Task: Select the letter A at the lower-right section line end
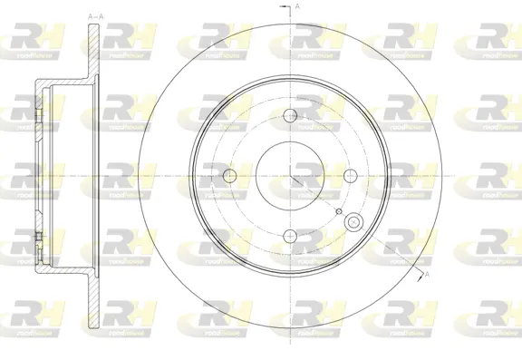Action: coord(426,273)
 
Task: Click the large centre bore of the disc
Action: coord(290,175)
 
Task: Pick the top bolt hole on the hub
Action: coord(290,115)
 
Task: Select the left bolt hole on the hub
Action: coord(230,175)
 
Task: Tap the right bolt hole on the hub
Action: coord(350,175)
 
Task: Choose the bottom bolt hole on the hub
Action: coord(290,235)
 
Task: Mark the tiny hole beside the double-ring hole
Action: coord(338,212)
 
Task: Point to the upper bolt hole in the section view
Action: coord(38,115)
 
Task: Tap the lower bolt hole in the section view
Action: coord(38,238)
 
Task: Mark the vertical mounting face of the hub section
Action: coord(37,175)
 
